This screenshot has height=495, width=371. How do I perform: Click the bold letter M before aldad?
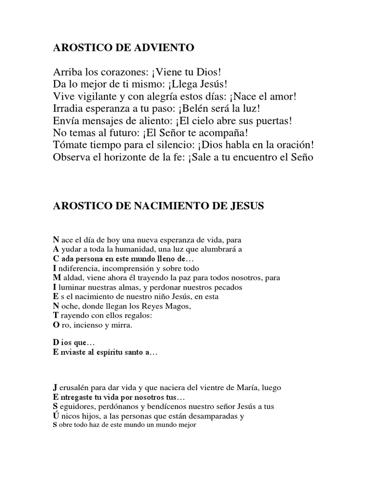pos(56,277)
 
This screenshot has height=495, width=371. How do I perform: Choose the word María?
pos(251,387)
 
